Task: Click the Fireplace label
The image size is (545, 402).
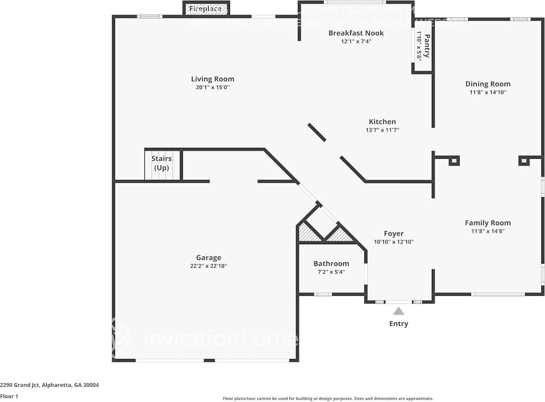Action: click(205, 9)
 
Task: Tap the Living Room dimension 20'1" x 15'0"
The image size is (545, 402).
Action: click(212, 87)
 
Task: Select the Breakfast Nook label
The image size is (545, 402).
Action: click(356, 33)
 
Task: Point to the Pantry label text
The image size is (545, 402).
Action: click(426, 46)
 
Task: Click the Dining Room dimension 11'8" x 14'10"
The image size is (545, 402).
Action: click(488, 92)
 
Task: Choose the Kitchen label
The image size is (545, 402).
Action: click(382, 122)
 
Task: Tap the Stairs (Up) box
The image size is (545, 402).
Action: click(162, 164)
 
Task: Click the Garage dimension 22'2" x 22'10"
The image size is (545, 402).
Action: click(208, 266)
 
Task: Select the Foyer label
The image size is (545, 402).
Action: click(393, 233)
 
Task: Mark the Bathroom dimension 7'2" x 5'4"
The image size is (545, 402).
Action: click(331, 272)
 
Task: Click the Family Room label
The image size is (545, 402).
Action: click(488, 222)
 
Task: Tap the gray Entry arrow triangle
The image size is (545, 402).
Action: click(398, 311)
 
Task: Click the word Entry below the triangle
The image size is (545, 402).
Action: click(398, 324)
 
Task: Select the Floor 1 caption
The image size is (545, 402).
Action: click(10, 396)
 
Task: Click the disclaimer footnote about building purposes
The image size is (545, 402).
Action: click(328, 398)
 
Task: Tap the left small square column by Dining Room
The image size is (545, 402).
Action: click(454, 161)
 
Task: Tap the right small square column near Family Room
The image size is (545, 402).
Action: click(524, 161)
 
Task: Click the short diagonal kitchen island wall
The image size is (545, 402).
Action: click(317, 132)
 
